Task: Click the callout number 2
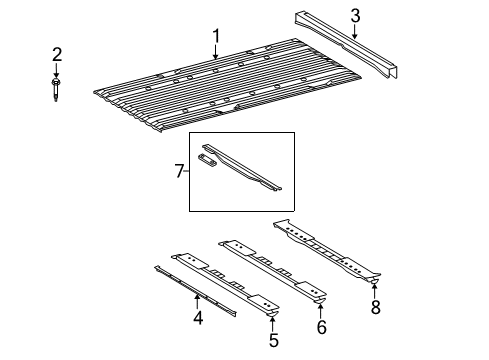click(57, 54)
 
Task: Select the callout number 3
click(356, 15)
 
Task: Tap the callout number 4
click(198, 319)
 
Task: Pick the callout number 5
click(273, 340)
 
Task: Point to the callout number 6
click(321, 327)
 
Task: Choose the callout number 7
click(180, 172)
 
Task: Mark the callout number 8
click(375, 308)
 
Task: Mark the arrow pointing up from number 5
click(273, 320)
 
